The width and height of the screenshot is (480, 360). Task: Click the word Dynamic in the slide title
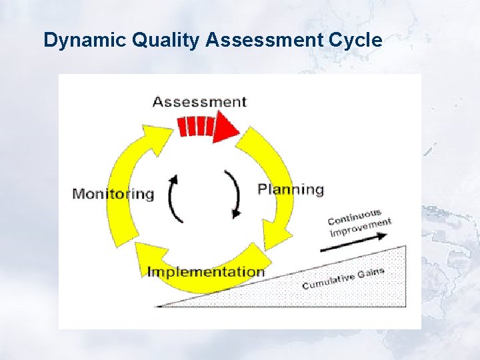click(85, 41)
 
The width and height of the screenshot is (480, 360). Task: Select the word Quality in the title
click(166, 41)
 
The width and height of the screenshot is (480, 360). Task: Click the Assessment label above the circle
click(199, 102)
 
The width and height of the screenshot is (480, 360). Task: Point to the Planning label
click(291, 189)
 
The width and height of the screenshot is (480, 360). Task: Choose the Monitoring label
click(113, 194)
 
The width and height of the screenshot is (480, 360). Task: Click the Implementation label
click(205, 272)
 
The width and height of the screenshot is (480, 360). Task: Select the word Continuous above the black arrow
click(355, 217)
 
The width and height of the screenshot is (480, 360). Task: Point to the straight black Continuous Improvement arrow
click(347, 246)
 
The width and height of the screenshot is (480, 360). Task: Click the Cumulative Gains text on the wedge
click(343, 279)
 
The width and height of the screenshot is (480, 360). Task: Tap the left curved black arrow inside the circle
click(173, 198)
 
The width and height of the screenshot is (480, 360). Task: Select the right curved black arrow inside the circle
click(235, 194)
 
